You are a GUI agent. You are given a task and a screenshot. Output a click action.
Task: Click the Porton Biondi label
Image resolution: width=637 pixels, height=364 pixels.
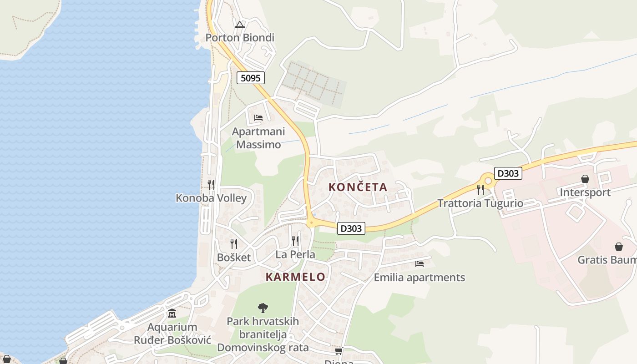tap(240, 37)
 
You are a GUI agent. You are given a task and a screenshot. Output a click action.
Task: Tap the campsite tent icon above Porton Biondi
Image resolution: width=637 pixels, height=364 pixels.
tap(240, 25)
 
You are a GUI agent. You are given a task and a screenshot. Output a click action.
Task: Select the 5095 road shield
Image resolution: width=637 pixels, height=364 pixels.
tap(250, 78)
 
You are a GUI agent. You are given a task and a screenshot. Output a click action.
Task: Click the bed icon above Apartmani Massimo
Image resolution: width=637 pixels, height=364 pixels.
tap(258, 118)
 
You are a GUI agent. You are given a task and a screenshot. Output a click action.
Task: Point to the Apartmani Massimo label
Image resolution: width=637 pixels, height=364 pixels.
tap(258, 138)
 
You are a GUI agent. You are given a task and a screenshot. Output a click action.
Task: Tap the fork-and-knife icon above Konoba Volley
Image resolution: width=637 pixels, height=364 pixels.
tap(211, 184)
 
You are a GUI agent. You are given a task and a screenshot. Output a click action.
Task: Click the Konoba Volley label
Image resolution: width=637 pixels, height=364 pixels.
tap(211, 198)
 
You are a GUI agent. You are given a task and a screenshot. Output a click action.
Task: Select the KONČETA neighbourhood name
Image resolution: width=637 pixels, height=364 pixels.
tap(358, 187)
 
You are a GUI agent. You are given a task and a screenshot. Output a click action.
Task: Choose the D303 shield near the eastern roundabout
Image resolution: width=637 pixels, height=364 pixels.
tap(508, 173)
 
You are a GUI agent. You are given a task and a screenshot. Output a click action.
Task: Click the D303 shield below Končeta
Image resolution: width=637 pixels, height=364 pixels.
tap(351, 228)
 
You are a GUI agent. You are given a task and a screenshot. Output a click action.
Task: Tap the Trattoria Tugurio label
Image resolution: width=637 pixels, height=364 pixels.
tap(480, 203)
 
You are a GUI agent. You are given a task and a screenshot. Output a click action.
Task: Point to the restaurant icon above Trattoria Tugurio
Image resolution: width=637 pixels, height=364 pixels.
tap(480, 189)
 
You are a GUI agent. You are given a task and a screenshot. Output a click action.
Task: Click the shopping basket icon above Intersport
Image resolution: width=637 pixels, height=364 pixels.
tap(585, 179)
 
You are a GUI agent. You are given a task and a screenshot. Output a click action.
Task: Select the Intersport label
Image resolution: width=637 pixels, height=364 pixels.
tap(585, 192)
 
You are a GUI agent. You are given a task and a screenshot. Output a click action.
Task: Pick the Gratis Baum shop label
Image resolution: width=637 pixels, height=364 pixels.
tap(607, 260)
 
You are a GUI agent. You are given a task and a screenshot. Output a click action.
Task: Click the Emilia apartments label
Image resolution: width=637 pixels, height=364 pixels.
tap(419, 278)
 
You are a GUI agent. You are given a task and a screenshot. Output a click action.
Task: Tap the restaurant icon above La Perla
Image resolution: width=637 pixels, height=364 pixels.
tap(295, 241)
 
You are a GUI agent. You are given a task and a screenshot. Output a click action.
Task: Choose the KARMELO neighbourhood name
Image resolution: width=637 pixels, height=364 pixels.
tap(295, 277)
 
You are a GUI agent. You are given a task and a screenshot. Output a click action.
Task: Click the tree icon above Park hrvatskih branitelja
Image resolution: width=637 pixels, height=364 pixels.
tap(263, 308)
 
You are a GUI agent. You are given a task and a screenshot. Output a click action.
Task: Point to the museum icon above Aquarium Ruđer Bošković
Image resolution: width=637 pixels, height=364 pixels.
tap(172, 313)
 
